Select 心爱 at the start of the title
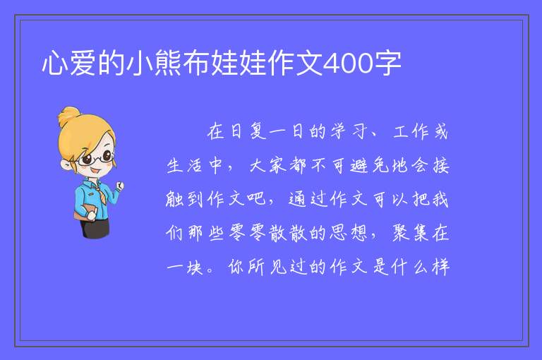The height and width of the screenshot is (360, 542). pyautogui.click(x=69, y=64)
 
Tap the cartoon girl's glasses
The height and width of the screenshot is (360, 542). pyautogui.click(x=95, y=158)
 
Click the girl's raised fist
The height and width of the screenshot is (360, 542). pyautogui.click(x=119, y=186)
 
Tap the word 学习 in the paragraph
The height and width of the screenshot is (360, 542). pyautogui.click(x=349, y=131)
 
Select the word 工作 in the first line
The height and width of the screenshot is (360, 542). pyautogui.click(x=411, y=131)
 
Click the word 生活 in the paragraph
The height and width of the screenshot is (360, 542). pyautogui.click(x=185, y=165)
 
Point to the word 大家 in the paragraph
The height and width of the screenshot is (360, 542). pyautogui.click(x=268, y=165)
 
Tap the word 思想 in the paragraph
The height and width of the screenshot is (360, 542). pyautogui.click(x=349, y=232)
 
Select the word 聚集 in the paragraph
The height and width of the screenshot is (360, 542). pyautogui.click(x=410, y=232)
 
